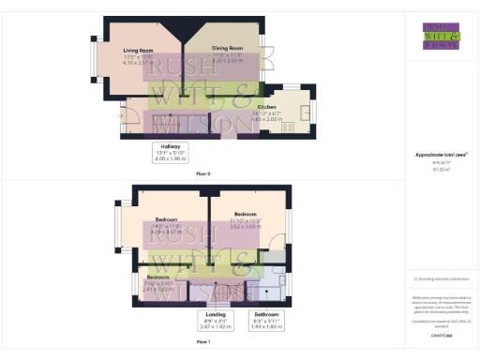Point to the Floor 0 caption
pyautogui.click(x=203, y=174)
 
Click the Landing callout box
pyautogui.click(x=216, y=322)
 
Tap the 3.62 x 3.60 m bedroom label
pyautogui.click(x=245, y=219)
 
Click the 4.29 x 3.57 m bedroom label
pyautogui.click(x=167, y=226)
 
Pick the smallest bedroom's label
pyautogui.click(x=157, y=281)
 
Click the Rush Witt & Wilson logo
pyautogui.click(x=441, y=36)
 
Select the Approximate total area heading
pyautogui.click(x=441, y=154)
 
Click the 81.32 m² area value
pyautogui.click(x=441, y=170)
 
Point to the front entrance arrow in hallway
pyautogui.click(x=126, y=114)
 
